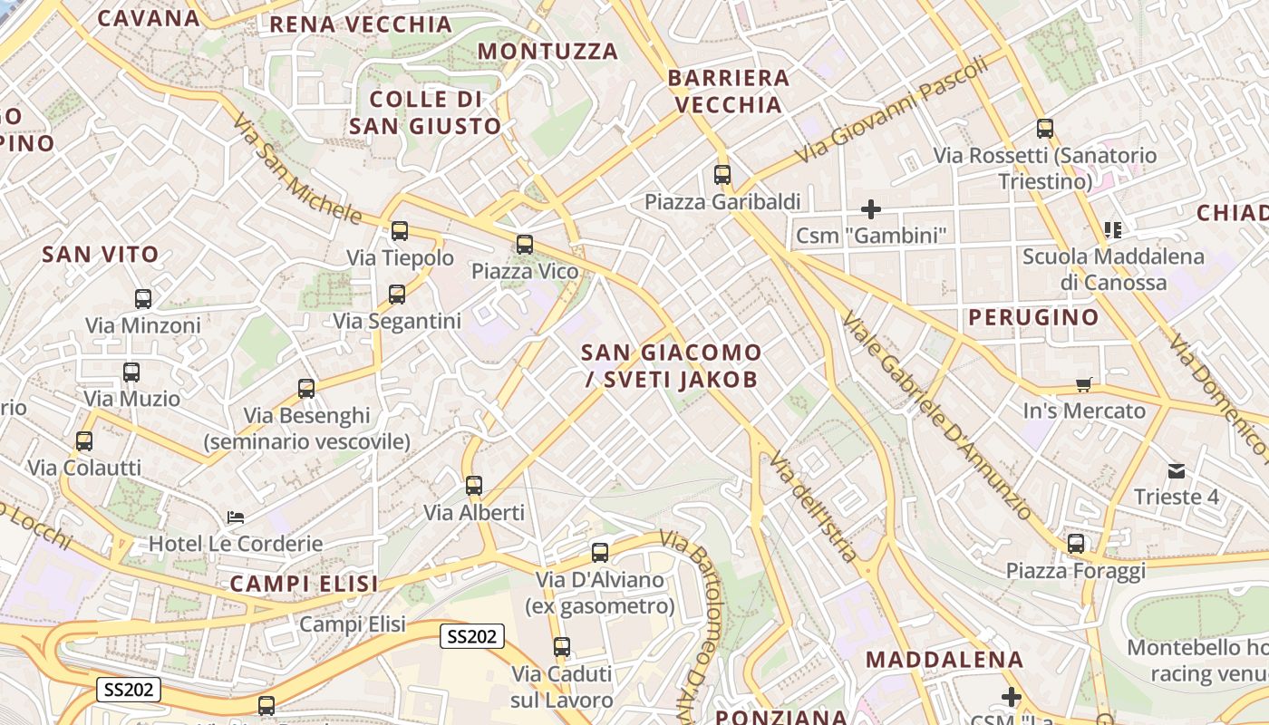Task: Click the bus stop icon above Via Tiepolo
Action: [x=400, y=231]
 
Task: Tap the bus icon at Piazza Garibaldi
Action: [x=722, y=175]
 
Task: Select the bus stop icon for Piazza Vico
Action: [x=525, y=244]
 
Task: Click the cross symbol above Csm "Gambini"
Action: [x=871, y=209]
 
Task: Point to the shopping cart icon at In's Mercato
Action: [x=1083, y=384]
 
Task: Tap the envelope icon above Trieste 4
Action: [x=1177, y=470]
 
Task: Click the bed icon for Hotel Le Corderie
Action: [x=236, y=517]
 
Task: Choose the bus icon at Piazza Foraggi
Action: [x=1076, y=544]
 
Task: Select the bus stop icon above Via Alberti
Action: [x=474, y=486]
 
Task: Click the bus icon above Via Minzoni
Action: [x=143, y=298]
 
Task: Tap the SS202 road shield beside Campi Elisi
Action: [x=472, y=636]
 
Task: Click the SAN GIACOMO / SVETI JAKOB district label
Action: [x=671, y=365]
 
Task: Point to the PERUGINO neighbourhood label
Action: [x=1033, y=317]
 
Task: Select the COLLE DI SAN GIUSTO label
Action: [x=425, y=112]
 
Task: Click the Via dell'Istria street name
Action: [x=813, y=507]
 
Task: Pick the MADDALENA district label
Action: [x=945, y=659]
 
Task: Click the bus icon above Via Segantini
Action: [x=397, y=294]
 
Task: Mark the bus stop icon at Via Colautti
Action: [x=84, y=441]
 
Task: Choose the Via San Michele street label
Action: [x=295, y=169]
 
